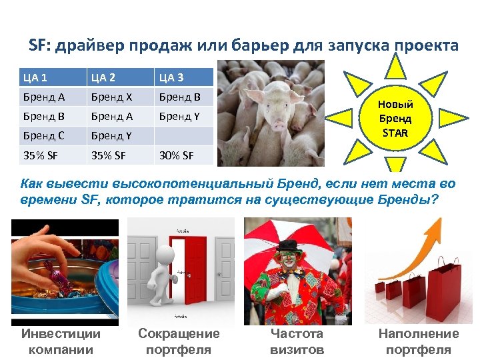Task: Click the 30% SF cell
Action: [x=175, y=156]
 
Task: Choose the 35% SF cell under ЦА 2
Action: [x=108, y=156]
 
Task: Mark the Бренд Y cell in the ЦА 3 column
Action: [x=179, y=117]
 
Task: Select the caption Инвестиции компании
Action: [x=61, y=341]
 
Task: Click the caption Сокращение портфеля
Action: [x=179, y=341]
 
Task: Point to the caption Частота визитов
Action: [x=297, y=341]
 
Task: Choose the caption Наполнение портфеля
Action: [x=419, y=341]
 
